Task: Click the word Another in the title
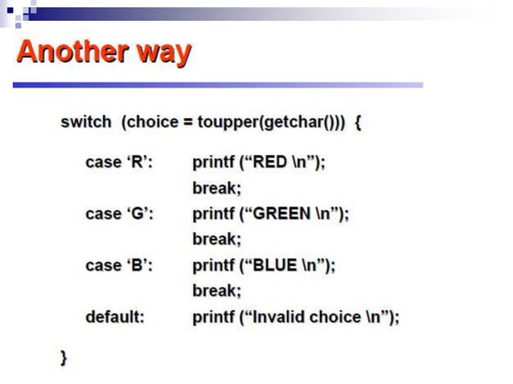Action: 64,52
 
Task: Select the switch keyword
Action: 86,123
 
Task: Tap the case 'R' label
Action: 119,162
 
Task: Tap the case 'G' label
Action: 120,214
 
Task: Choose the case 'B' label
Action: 119,265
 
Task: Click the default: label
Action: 115,317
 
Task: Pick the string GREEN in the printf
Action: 282,214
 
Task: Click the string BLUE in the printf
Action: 276,265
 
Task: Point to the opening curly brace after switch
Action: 358,123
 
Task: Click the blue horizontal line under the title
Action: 217,84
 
